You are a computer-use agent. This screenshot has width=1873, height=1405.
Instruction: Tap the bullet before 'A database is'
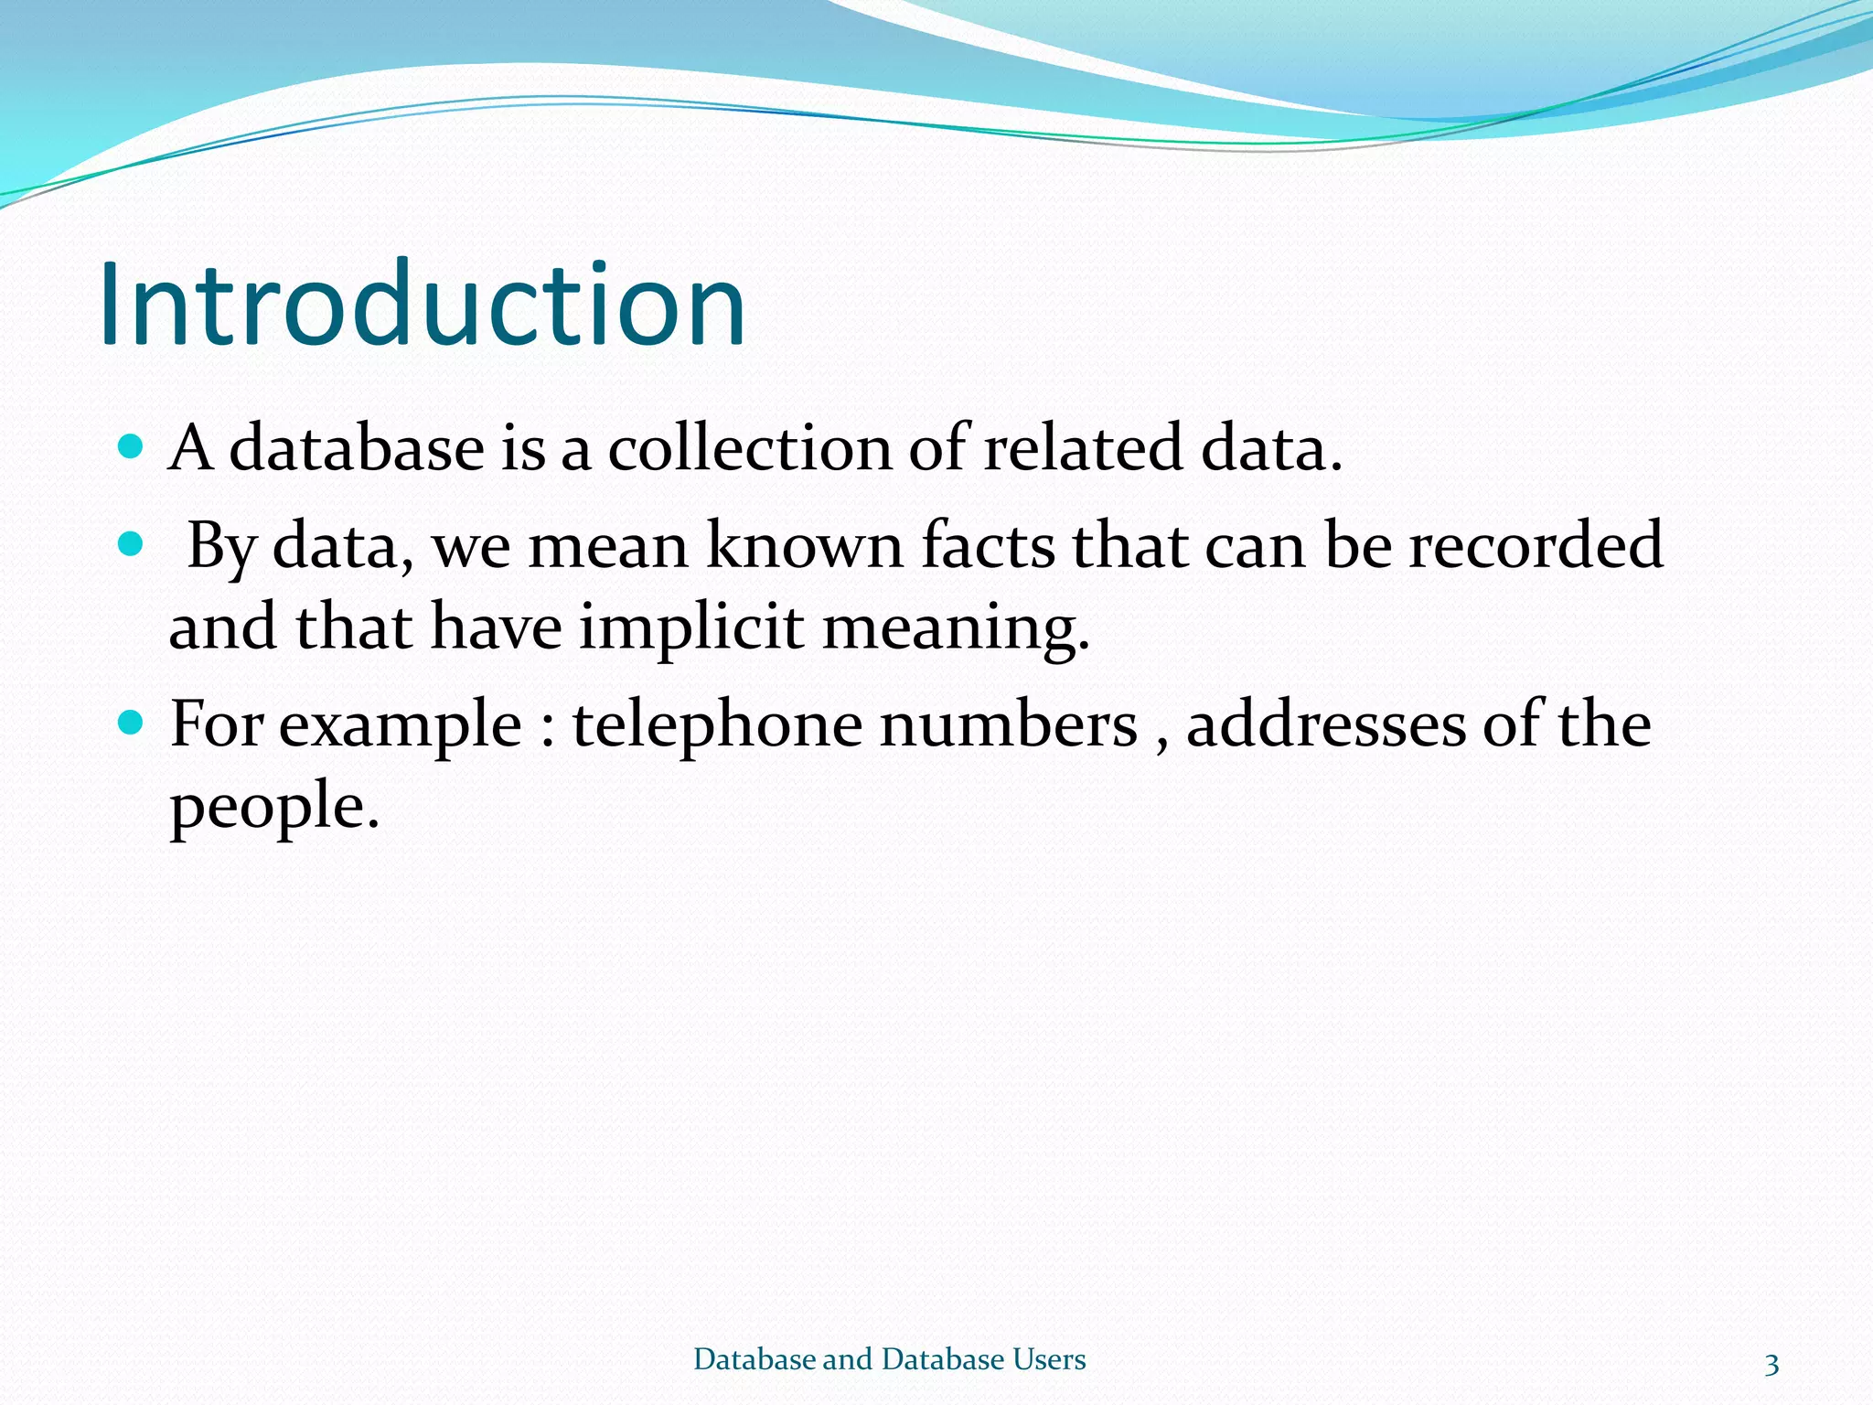[132, 446]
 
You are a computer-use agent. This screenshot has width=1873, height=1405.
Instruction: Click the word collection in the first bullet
[749, 448]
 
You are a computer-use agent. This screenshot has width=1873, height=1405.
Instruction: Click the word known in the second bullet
[805, 546]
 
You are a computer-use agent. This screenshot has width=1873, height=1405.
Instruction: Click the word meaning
[956, 629]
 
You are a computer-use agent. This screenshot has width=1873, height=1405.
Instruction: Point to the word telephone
[717, 725]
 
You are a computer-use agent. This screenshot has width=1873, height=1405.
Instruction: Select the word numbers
[1009, 725]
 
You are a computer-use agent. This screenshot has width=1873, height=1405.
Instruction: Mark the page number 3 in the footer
[1771, 1364]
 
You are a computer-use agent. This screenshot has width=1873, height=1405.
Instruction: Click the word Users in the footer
[1050, 1359]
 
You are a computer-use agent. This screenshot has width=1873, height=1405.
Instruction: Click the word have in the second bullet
[496, 629]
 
